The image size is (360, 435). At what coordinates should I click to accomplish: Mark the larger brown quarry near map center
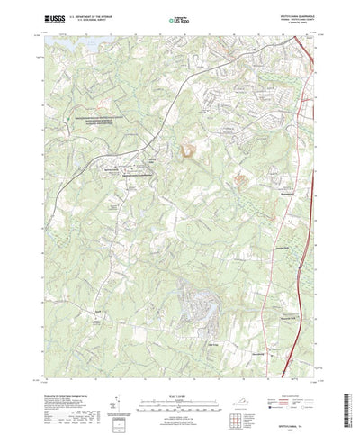[x=189, y=152]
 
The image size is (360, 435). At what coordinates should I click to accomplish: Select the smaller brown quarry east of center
[x=240, y=179]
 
